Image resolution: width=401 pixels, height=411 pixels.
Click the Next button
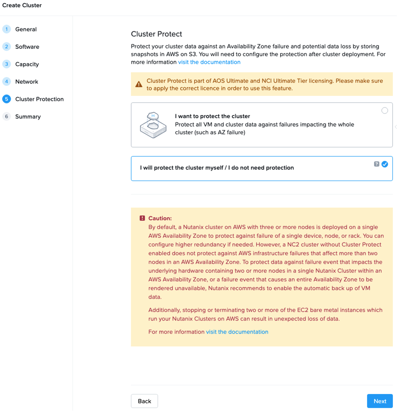click(x=379, y=401)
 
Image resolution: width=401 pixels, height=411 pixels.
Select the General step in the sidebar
click(x=26, y=29)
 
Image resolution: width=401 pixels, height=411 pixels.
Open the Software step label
click(x=27, y=47)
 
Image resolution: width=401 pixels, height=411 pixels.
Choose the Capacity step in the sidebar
click(x=27, y=64)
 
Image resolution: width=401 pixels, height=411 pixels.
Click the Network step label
click(x=27, y=82)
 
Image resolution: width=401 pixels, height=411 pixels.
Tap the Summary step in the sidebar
click(x=28, y=117)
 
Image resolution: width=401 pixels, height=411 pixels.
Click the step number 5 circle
click(x=7, y=99)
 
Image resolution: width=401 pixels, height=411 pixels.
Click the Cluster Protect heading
click(x=156, y=34)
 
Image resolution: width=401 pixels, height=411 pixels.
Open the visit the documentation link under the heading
click(x=209, y=62)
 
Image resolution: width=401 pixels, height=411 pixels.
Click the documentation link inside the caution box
click(x=237, y=332)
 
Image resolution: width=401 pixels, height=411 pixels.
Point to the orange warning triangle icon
click(x=139, y=84)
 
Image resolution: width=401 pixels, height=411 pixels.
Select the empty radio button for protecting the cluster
click(x=384, y=111)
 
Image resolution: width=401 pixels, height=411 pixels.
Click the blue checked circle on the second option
click(x=384, y=164)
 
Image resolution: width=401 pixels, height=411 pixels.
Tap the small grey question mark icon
click(x=376, y=164)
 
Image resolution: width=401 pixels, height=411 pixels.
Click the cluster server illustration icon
click(x=153, y=125)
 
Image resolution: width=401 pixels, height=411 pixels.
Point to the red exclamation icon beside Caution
click(x=142, y=218)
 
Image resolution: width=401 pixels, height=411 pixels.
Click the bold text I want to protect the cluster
click(x=212, y=116)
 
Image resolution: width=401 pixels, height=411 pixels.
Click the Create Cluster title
click(x=22, y=5)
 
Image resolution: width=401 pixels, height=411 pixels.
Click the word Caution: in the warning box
click(x=160, y=218)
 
